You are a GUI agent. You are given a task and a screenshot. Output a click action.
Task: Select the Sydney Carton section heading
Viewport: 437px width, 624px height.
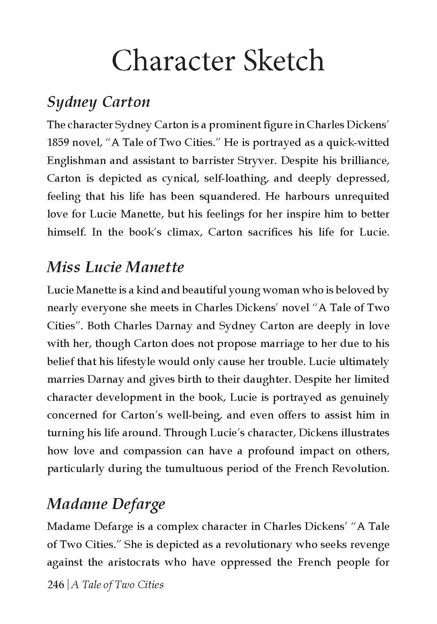[98, 102]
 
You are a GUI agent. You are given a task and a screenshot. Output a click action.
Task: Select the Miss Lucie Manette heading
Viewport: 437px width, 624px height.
[115, 267]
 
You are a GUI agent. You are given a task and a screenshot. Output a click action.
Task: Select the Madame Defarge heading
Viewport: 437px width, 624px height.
[106, 504]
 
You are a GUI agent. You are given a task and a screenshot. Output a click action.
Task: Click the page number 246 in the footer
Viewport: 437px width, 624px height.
[55, 585]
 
